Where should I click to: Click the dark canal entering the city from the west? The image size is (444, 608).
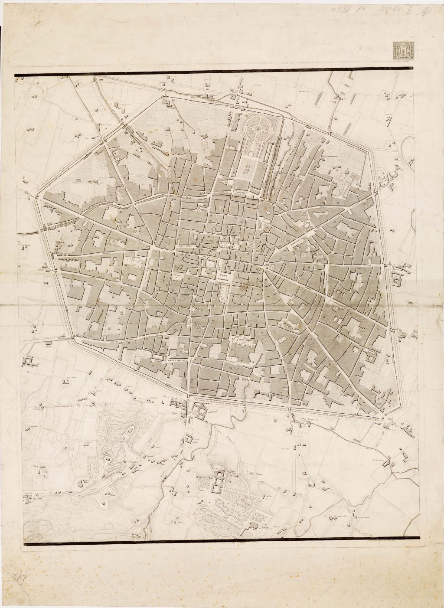tap(26, 232)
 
